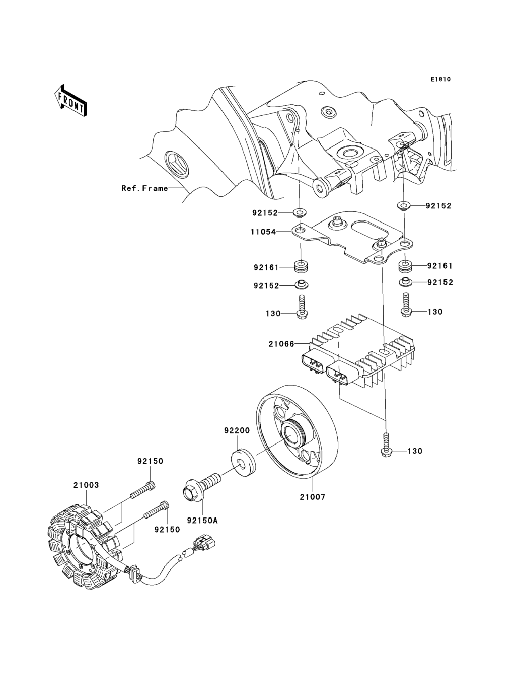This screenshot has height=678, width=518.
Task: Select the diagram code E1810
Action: point(441,80)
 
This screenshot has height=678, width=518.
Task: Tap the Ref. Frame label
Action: point(145,188)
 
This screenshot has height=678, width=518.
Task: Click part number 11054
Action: point(263,232)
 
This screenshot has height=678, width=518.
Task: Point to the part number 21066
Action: point(281,344)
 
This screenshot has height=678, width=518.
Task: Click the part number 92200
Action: point(237,431)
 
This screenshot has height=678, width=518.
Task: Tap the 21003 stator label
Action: point(86,485)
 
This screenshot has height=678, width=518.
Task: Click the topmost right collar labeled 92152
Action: point(404,205)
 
